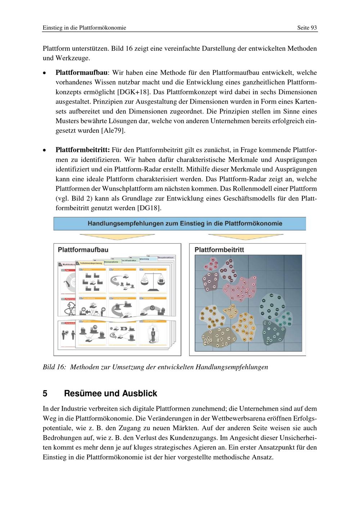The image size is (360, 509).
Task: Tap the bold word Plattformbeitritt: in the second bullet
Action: click(82, 150)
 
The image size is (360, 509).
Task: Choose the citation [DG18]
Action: click(149, 208)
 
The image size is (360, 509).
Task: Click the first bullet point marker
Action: click(44, 73)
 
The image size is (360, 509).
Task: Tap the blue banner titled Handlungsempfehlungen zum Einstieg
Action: click(180, 224)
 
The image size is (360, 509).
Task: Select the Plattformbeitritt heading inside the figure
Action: click(219, 250)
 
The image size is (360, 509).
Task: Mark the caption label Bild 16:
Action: click(54, 367)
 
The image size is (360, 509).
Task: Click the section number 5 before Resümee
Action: click(45, 393)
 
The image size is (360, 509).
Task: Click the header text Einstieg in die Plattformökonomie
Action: click(84, 28)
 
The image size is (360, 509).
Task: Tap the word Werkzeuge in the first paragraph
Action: click(72, 58)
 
